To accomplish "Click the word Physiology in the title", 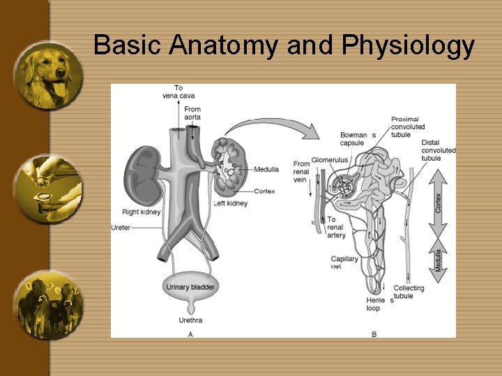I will (x=409, y=46).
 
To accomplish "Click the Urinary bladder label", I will (x=190, y=287).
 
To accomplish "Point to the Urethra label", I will (x=190, y=320).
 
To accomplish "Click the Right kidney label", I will (x=141, y=212).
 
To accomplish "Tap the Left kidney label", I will (x=230, y=203).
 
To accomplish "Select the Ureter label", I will (x=121, y=228).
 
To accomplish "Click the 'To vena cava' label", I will (x=178, y=91).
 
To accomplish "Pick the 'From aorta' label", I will (x=192, y=113).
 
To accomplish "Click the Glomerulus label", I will (x=330, y=159).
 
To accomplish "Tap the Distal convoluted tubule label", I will (x=439, y=150).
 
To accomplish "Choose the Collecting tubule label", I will (x=409, y=292).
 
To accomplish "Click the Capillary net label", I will (x=344, y=263).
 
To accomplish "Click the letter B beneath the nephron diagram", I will (x=374, y=334).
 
